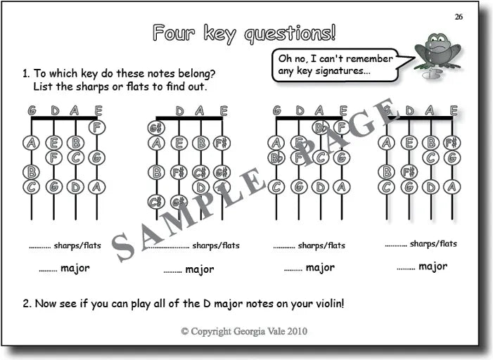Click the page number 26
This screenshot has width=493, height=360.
pos(459,17)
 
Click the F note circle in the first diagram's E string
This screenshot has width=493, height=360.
pos(98,127)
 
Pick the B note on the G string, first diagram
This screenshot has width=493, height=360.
pos(32,172)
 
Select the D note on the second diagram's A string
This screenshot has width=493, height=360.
pos(200,187)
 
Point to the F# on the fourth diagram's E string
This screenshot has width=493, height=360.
pos(452,143)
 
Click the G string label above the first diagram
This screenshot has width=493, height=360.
pos(32,110)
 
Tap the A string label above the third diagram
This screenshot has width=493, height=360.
pos(321,110)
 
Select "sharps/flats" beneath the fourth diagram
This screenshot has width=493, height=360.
pos(433,244)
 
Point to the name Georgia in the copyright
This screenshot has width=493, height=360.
pos(241,331)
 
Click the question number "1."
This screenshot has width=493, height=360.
pos(26,73)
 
